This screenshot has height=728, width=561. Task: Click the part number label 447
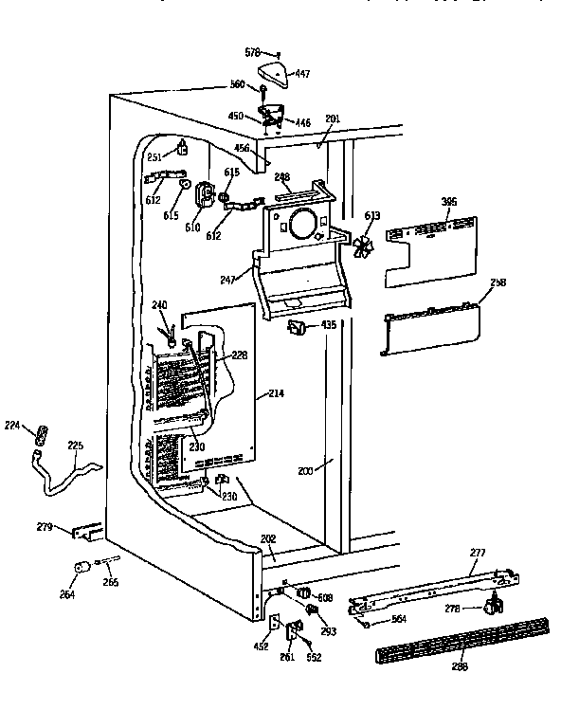(303, 72)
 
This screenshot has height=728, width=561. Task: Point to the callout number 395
(450, 202)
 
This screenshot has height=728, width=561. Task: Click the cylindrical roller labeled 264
(80, 568)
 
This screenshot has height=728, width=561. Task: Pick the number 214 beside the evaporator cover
(276, 392)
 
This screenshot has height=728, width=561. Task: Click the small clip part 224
(41, 436)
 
